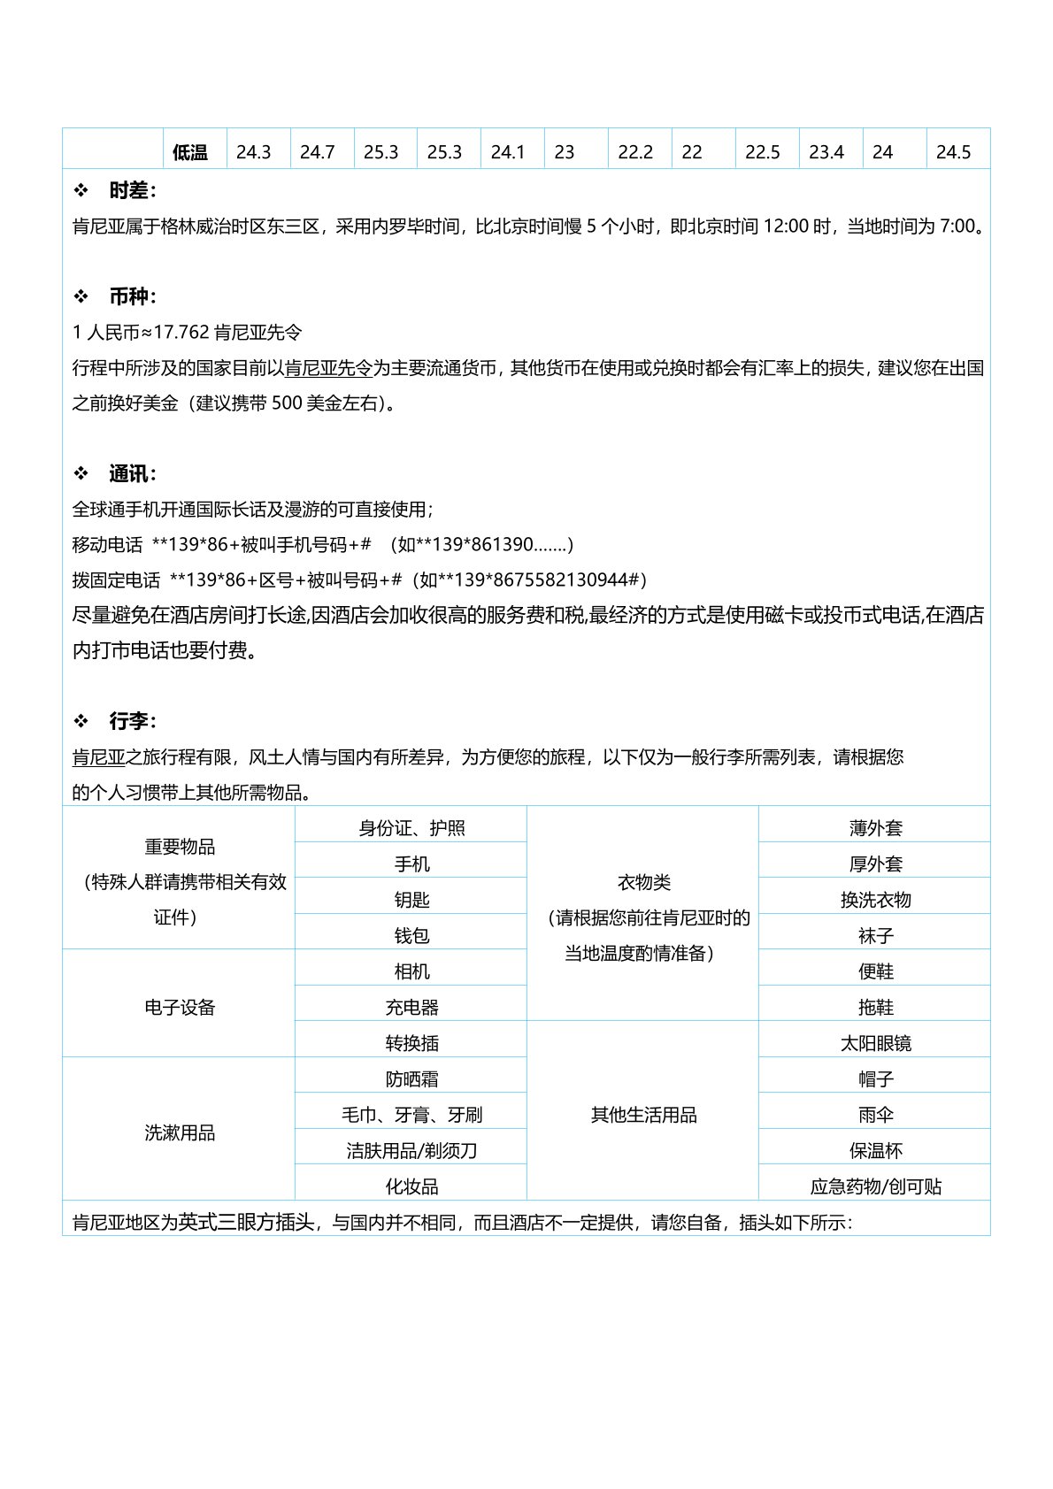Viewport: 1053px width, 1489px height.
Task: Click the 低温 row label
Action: click(x=190, y=152)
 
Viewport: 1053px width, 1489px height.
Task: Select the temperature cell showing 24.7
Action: click(x=317, y=152)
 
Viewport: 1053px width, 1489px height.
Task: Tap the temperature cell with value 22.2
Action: click(x=635, y=152)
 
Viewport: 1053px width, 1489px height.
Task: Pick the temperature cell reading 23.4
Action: click(x=826, y=152)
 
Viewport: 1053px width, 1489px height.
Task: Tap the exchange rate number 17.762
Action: click(x=181, y=333)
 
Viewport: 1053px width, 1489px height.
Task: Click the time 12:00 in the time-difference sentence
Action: click(x=786, y=226)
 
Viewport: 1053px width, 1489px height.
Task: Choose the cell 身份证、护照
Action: click(x=411, y=828)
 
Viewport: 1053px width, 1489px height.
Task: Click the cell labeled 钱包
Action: click(x=411, y=935)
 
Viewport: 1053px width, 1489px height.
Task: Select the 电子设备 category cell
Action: click(x=180, y=1007)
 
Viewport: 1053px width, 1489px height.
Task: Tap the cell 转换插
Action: click(x=411, y=1043)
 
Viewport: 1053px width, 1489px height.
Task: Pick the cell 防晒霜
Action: click(x=411, y=1079)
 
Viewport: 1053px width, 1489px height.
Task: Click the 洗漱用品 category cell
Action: click(x=180, y=1132)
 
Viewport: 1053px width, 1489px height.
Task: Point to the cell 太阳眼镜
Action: click(x=875, y=1043)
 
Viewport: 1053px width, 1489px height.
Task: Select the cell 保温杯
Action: click(x=875, y=1150)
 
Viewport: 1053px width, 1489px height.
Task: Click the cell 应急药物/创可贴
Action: click(x=875, y=1186)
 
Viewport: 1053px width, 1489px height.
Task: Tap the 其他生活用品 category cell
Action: click(x=643, y=1115)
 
